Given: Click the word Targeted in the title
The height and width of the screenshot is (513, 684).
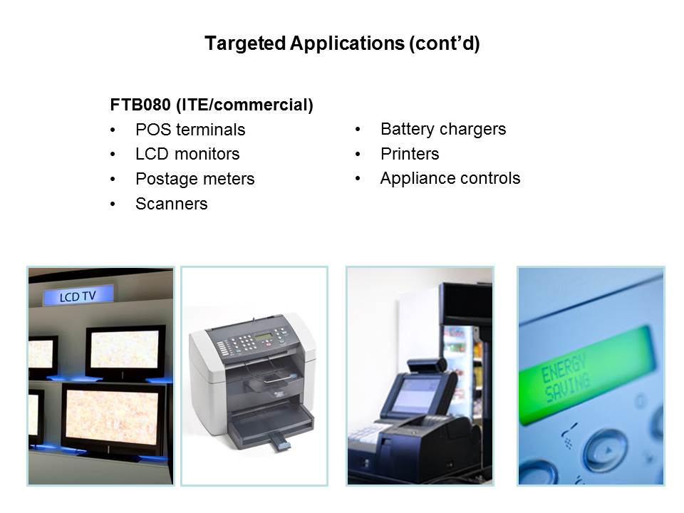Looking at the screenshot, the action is pos(245,43).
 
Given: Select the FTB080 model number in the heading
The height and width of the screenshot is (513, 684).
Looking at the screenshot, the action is pos(140,105).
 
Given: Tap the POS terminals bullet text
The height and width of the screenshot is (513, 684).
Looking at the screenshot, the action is pos(190,130).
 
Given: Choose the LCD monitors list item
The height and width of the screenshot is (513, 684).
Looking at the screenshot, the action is pos(187,154).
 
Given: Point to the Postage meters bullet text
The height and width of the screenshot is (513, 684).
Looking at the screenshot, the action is pos(195,179).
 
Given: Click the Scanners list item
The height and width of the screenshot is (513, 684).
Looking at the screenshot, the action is pos(172,204).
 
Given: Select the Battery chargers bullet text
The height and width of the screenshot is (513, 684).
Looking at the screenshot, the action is pos(443,129).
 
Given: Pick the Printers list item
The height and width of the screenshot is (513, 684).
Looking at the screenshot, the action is pos(410,154).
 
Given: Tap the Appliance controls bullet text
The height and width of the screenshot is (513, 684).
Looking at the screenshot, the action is pos(450,178).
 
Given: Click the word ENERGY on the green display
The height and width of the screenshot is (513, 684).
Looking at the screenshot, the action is pos(563,368).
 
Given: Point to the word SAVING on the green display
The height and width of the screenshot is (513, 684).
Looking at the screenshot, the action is pos(568,388).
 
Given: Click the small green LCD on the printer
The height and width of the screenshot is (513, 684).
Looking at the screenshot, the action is pos(264,337).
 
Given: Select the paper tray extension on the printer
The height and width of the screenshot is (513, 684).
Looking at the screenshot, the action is pos(279,442).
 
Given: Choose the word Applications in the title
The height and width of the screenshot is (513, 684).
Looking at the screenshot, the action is pos(347,43).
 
